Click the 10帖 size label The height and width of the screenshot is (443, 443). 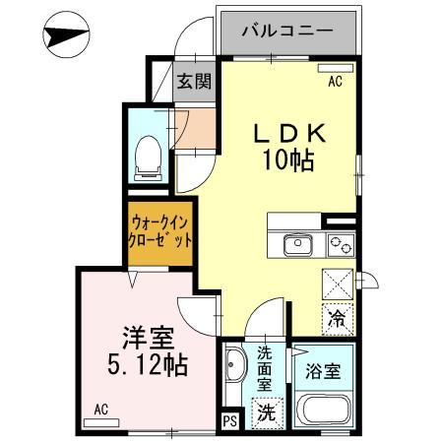[x=286, y=159]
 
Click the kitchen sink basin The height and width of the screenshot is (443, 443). [x=296, y=244]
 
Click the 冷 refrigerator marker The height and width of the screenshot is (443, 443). [x=337, y=318]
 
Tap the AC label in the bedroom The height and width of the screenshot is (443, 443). [x=100, y=408]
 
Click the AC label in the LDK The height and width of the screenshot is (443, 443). [x=334, y=82]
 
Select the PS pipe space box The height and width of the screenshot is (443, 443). [x=229, y=420]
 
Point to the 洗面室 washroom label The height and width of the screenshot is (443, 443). [x=267, y=366]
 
